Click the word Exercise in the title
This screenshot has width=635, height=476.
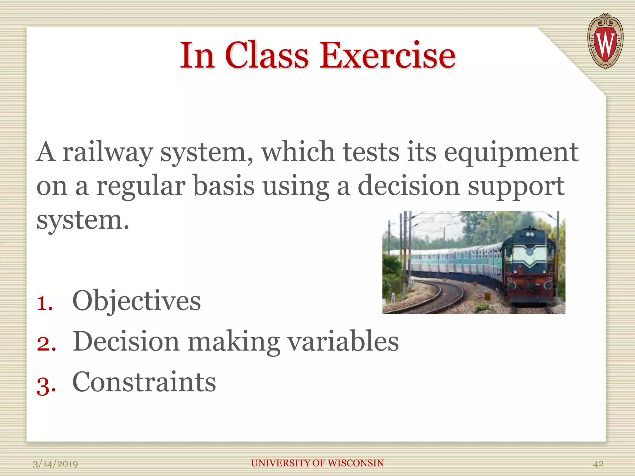tap(388, 56)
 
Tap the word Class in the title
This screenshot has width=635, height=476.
tap(267, 56)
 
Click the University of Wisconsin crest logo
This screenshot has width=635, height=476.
tap(605, 42)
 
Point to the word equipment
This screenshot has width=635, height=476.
tap(511, 152)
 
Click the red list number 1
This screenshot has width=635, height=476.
tap(45, 302)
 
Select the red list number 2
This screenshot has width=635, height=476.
tap(46, 343)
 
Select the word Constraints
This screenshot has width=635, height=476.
tap(144, 382)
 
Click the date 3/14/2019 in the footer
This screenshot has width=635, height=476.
tap(56, 464)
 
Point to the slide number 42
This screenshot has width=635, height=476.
tap(598, 464)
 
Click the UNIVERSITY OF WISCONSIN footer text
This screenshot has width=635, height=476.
tap(317, 463)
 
